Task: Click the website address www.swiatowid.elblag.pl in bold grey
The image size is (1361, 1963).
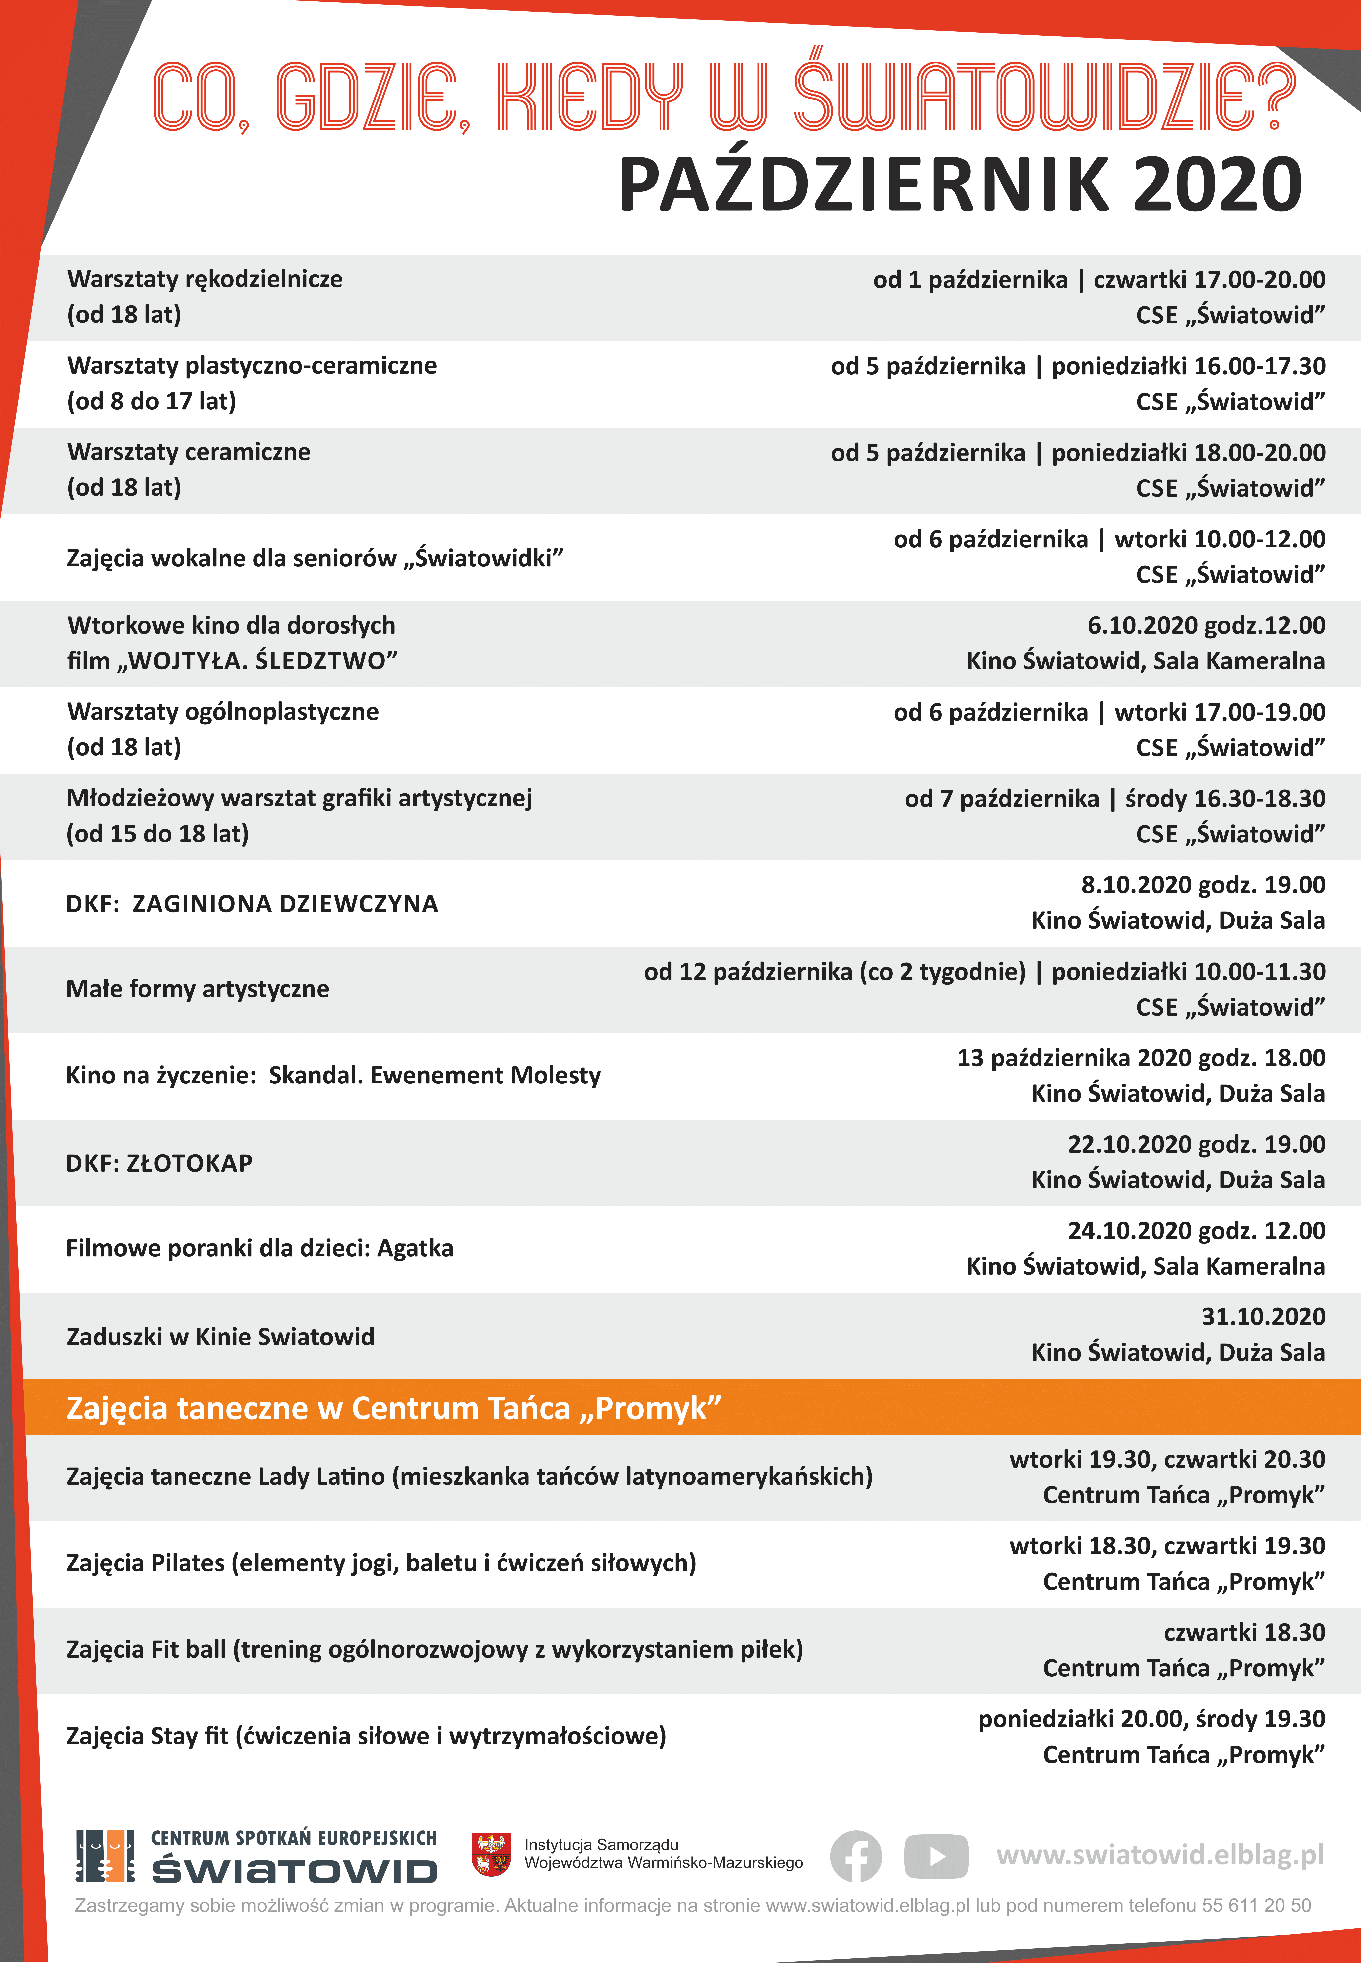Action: [x=1160, y=1855]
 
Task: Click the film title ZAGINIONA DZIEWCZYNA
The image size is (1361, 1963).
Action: [x=285, y=904]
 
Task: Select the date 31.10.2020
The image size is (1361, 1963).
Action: [x=1263, y=1317]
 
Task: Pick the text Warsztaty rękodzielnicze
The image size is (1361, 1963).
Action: [x=205, y=279]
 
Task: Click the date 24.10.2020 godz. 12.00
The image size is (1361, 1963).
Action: [x=1196, y=1230]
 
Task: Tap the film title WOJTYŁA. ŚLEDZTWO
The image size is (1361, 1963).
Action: [x=263, y=661]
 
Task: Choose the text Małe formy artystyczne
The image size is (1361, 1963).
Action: [x=198, y=989]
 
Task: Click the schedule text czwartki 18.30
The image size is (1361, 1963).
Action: [x=1244, y=1632]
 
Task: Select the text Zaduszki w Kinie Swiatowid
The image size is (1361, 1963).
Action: [x=220, y=1336]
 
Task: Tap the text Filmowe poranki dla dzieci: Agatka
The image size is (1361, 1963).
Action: [x=259, y=1248]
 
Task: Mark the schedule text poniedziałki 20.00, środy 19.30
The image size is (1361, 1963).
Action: [x=1151, y=1719]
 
